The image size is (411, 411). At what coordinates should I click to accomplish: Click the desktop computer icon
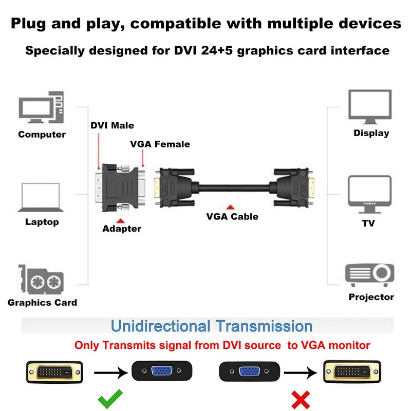(x=42, y=107)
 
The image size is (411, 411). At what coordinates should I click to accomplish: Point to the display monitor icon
(x=370, y=107)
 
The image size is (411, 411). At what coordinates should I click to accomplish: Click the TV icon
(x=369, y=195)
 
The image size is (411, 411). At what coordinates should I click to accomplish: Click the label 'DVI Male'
(x=113, y=125)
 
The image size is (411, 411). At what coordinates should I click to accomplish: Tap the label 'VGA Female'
(x=160, y=144)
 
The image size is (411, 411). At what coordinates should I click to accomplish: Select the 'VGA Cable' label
(x=232, y=216)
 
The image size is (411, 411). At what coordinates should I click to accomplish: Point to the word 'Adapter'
(x=122, y=229)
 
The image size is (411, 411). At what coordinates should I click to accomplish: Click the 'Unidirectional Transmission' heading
(x=212, y=326)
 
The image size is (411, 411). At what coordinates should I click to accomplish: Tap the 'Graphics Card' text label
(x=43, y=303)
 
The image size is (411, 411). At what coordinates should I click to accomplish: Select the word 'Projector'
(x=371, y=297)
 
